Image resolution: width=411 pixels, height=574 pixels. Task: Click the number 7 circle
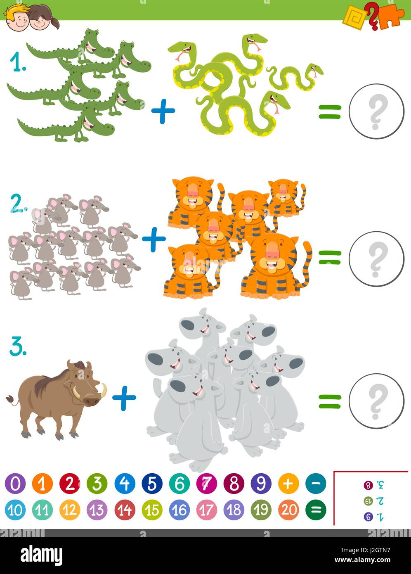[x=206, y=484]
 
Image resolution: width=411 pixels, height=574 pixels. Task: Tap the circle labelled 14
[x=125, y=510]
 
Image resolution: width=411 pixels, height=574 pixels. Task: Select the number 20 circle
[x=288, y=510]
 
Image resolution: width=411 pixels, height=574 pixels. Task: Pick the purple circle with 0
[x=15, y=484]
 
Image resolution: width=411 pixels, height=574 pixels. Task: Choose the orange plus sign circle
[x=288, y=484]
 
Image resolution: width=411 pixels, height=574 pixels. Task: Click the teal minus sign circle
[x=316, y=484]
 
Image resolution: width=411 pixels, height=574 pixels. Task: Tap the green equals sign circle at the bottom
[x=316, y=510]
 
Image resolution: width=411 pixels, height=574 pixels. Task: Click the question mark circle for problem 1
[x=376, y=111]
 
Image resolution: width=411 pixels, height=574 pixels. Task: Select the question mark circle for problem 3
[x=376, y=401]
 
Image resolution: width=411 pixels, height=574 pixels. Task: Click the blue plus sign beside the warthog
[x=124, y=398]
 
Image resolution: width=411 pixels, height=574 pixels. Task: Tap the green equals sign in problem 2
[x=330, y=258]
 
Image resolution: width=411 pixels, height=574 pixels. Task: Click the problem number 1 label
[x=18, y=63]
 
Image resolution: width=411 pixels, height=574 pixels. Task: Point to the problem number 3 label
[x=18, y=348]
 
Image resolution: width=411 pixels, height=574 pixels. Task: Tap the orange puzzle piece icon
[x=391, y=16]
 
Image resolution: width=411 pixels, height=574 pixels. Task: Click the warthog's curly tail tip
[x=9, y=398]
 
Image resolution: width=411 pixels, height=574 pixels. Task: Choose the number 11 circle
[x=43, y=510]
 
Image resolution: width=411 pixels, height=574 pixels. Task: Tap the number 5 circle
[x=152, y=484]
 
